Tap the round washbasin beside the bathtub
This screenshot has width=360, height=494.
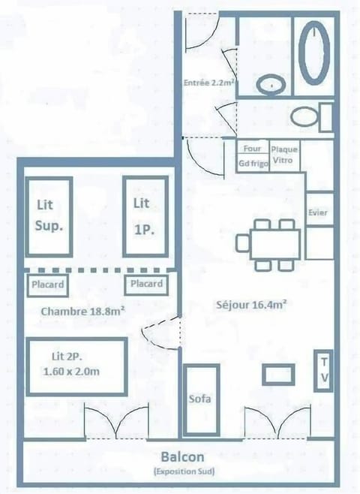tap(268, 85)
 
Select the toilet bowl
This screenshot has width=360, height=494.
tap(305, 117)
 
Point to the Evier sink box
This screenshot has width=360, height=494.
tap(318, 212)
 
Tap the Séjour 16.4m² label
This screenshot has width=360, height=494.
tap(253, 304)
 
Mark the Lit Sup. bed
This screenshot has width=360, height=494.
tap(49, 215)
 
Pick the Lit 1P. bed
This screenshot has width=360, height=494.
tap(143, 215)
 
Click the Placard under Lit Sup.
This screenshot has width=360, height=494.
tap(48, 285)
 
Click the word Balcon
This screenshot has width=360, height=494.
tap(181, 456)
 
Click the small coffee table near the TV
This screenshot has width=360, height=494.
tap(272, 373)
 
